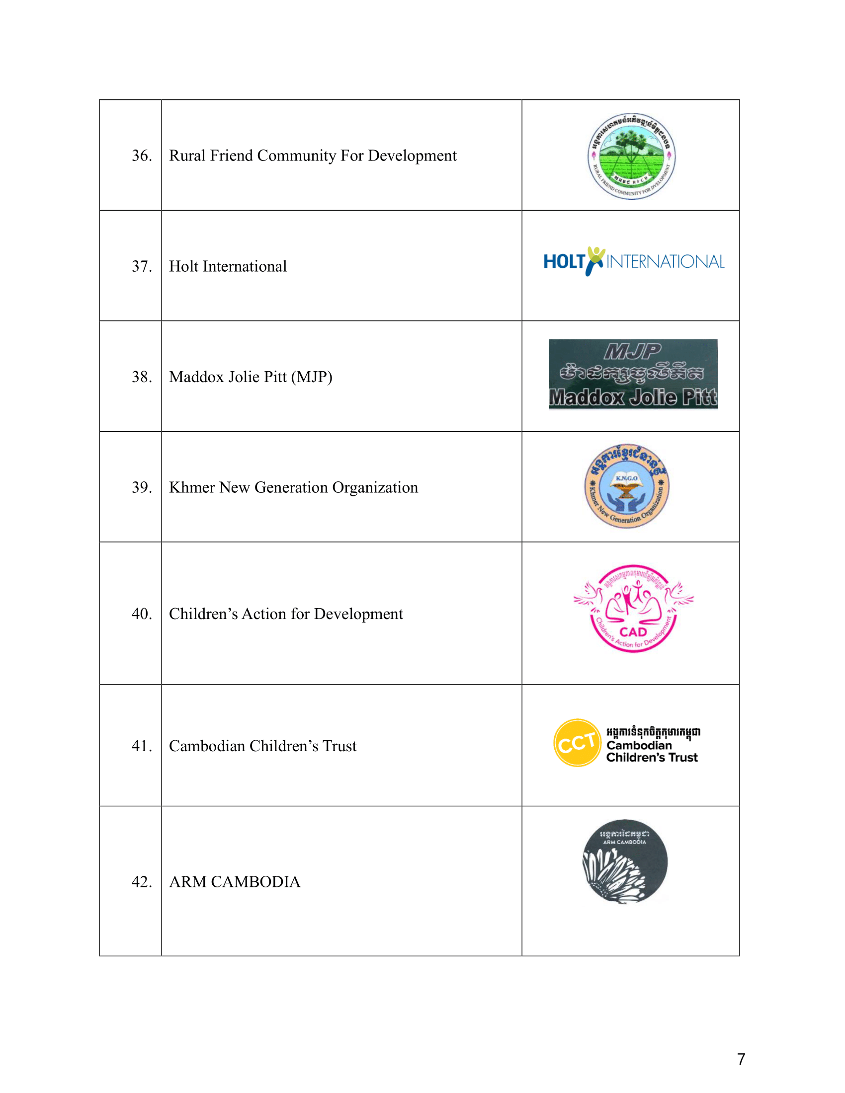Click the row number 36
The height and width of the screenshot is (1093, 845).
142,156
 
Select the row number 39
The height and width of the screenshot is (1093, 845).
142,487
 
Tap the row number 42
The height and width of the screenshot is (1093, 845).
142,881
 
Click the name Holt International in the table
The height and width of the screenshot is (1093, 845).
228,266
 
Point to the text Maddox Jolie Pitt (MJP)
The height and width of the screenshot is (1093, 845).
251,377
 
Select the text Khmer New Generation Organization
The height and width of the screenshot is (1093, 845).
293,487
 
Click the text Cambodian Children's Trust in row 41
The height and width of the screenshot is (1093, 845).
263,746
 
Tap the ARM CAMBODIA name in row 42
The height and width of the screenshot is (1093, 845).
235,881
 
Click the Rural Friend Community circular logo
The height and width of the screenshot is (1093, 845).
631,156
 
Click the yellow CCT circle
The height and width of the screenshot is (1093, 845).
577,743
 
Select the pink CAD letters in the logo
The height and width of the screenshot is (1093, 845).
633,631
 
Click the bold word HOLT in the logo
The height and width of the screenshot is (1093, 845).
564,261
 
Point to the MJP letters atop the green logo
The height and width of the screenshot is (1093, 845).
633,351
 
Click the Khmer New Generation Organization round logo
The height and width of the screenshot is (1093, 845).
627,486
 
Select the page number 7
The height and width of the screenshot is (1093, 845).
741,1059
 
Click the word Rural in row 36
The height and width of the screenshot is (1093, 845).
187,156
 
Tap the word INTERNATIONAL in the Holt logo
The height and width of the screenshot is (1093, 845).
665,262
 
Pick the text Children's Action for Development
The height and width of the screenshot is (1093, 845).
286,614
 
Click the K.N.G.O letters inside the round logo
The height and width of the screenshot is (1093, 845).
627,478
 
